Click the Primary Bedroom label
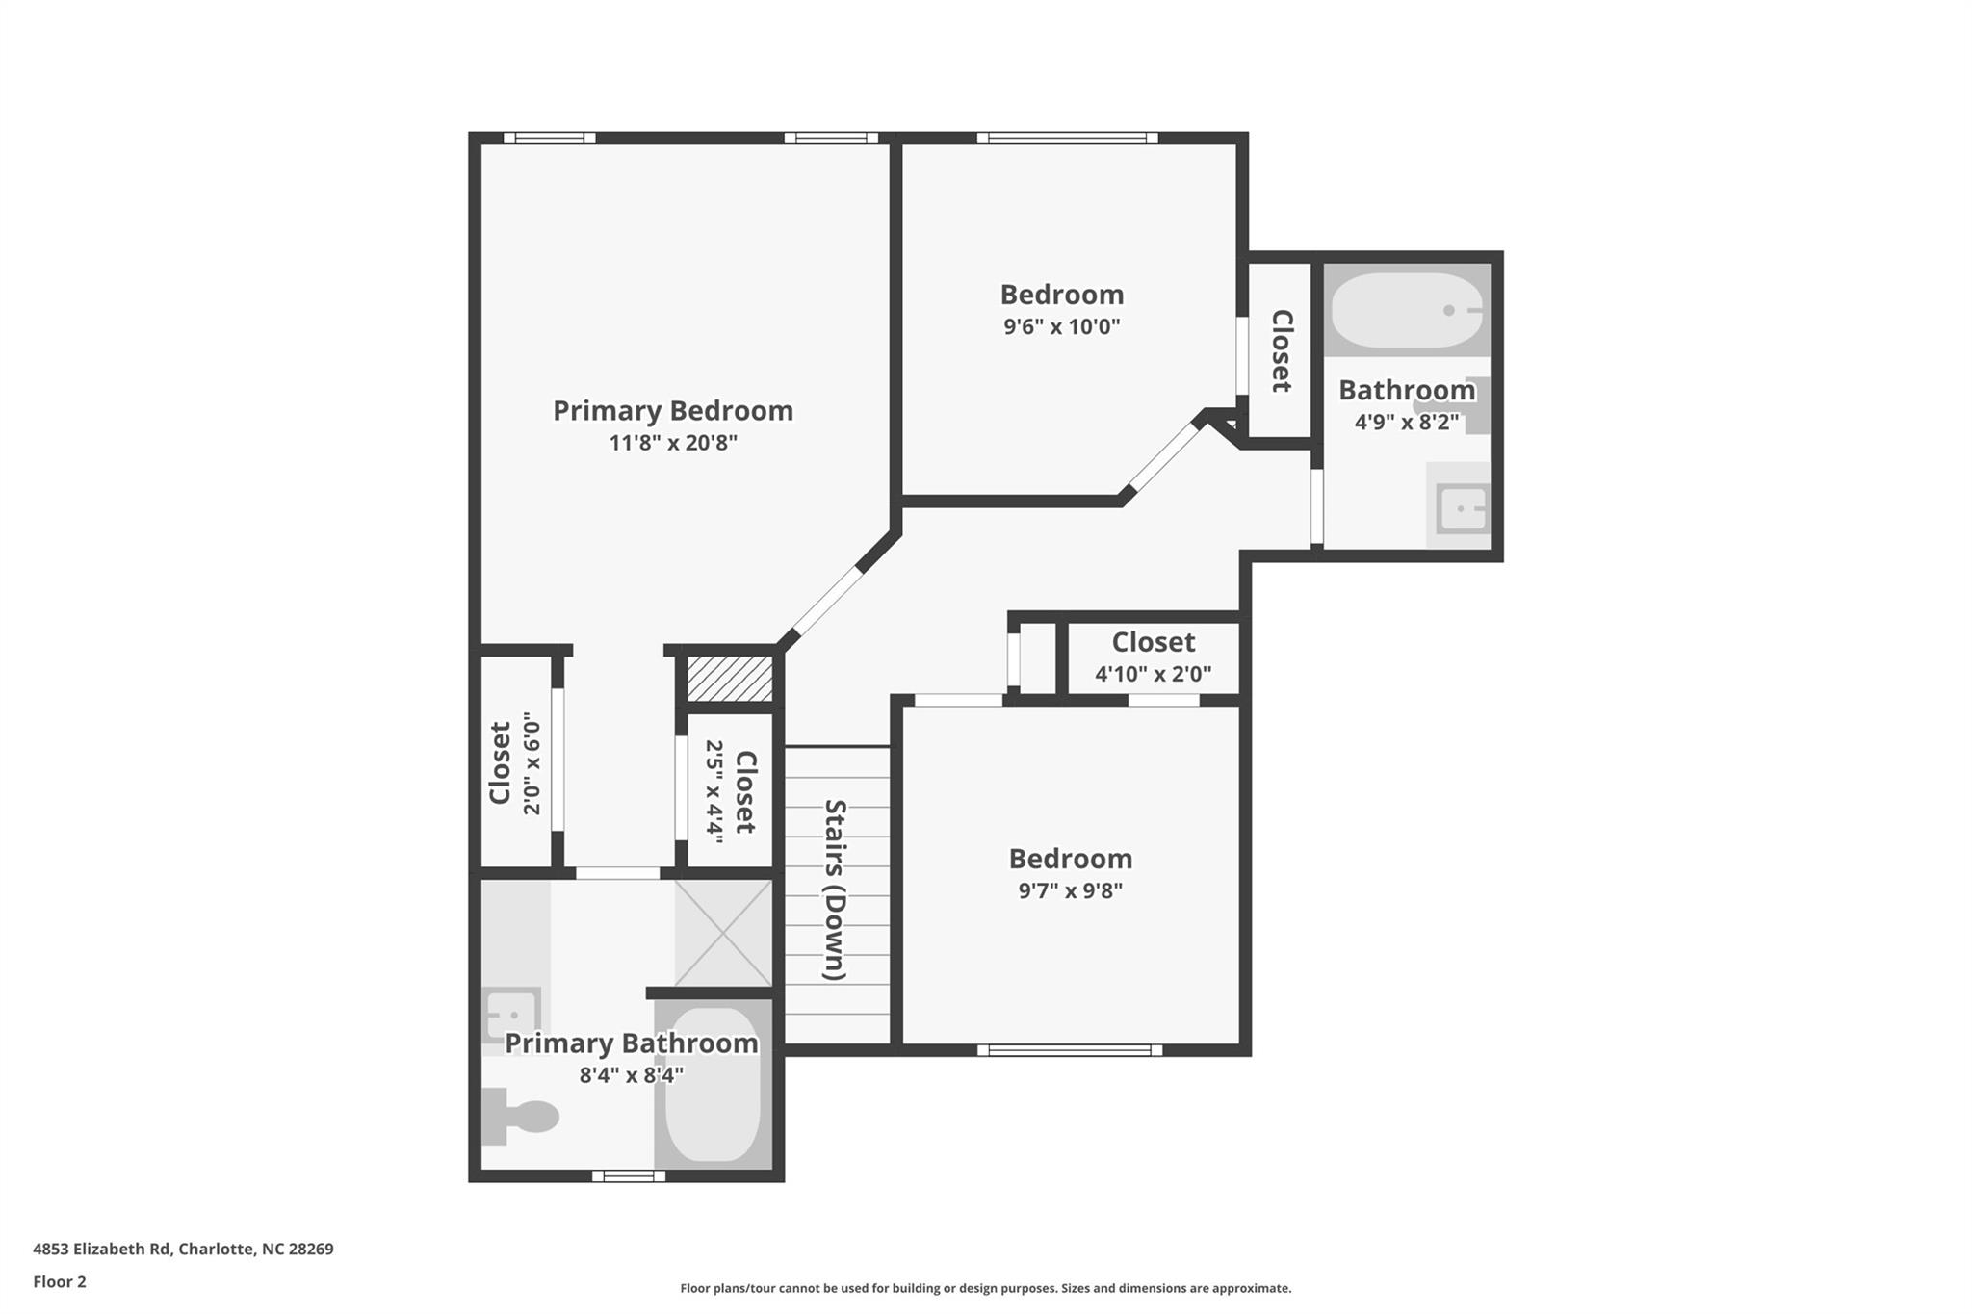673,411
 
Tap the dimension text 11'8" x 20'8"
673,443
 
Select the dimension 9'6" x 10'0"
1062,326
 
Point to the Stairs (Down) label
835,889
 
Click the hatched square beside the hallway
730,678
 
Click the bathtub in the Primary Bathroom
714,1085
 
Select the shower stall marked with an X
723,933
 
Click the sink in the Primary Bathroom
511,1014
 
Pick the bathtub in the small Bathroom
1408,310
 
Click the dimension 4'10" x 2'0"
1154,674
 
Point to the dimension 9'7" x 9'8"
1071,890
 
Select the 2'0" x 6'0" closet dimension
532,763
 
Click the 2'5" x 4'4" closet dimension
714,791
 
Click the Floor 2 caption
60,1282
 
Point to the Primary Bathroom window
628,1175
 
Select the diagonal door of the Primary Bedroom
827,603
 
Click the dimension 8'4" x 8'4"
632,1075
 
